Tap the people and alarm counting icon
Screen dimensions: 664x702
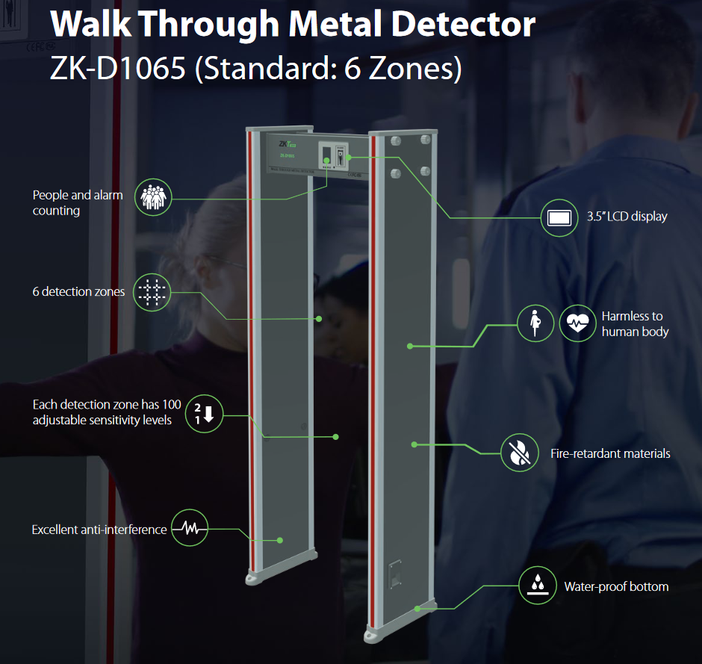click(153, 198)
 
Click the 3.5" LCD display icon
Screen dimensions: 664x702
click(559, 217)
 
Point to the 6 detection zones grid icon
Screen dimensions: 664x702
click(152, 291)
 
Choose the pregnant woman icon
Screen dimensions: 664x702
click(536, 323)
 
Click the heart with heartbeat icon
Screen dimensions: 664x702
click(577, 323)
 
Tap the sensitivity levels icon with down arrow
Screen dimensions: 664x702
click(204, 412)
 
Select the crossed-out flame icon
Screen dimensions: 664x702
click(519, 453)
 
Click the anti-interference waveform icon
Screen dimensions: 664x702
click(190, 529)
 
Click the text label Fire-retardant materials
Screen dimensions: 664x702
click(610, 453)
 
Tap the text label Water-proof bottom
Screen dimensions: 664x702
click(616, 586)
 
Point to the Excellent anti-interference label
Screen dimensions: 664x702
click(99, 530)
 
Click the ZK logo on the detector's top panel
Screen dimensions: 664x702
click(286, 144)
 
